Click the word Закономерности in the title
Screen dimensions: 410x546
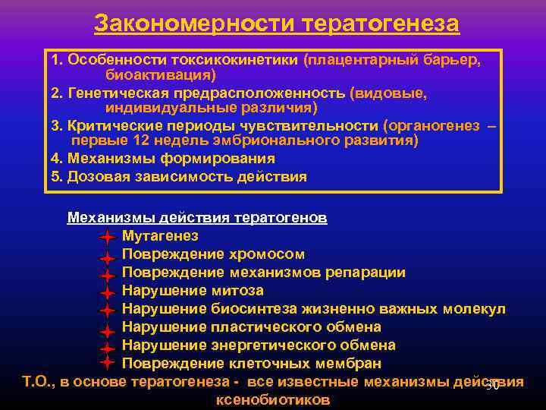click(195, 24)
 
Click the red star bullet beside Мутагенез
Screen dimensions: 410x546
click(107, 236)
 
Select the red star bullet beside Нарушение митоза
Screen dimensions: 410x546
click(107, 291)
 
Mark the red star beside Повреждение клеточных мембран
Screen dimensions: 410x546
click(107, 363)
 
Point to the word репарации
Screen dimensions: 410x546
click(369, 273)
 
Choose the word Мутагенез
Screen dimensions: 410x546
click(160, 236)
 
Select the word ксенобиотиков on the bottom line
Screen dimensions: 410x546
click(273, 399)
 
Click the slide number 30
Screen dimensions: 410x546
click(492, 386)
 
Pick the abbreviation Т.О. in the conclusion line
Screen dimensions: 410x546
click(37, 382)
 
